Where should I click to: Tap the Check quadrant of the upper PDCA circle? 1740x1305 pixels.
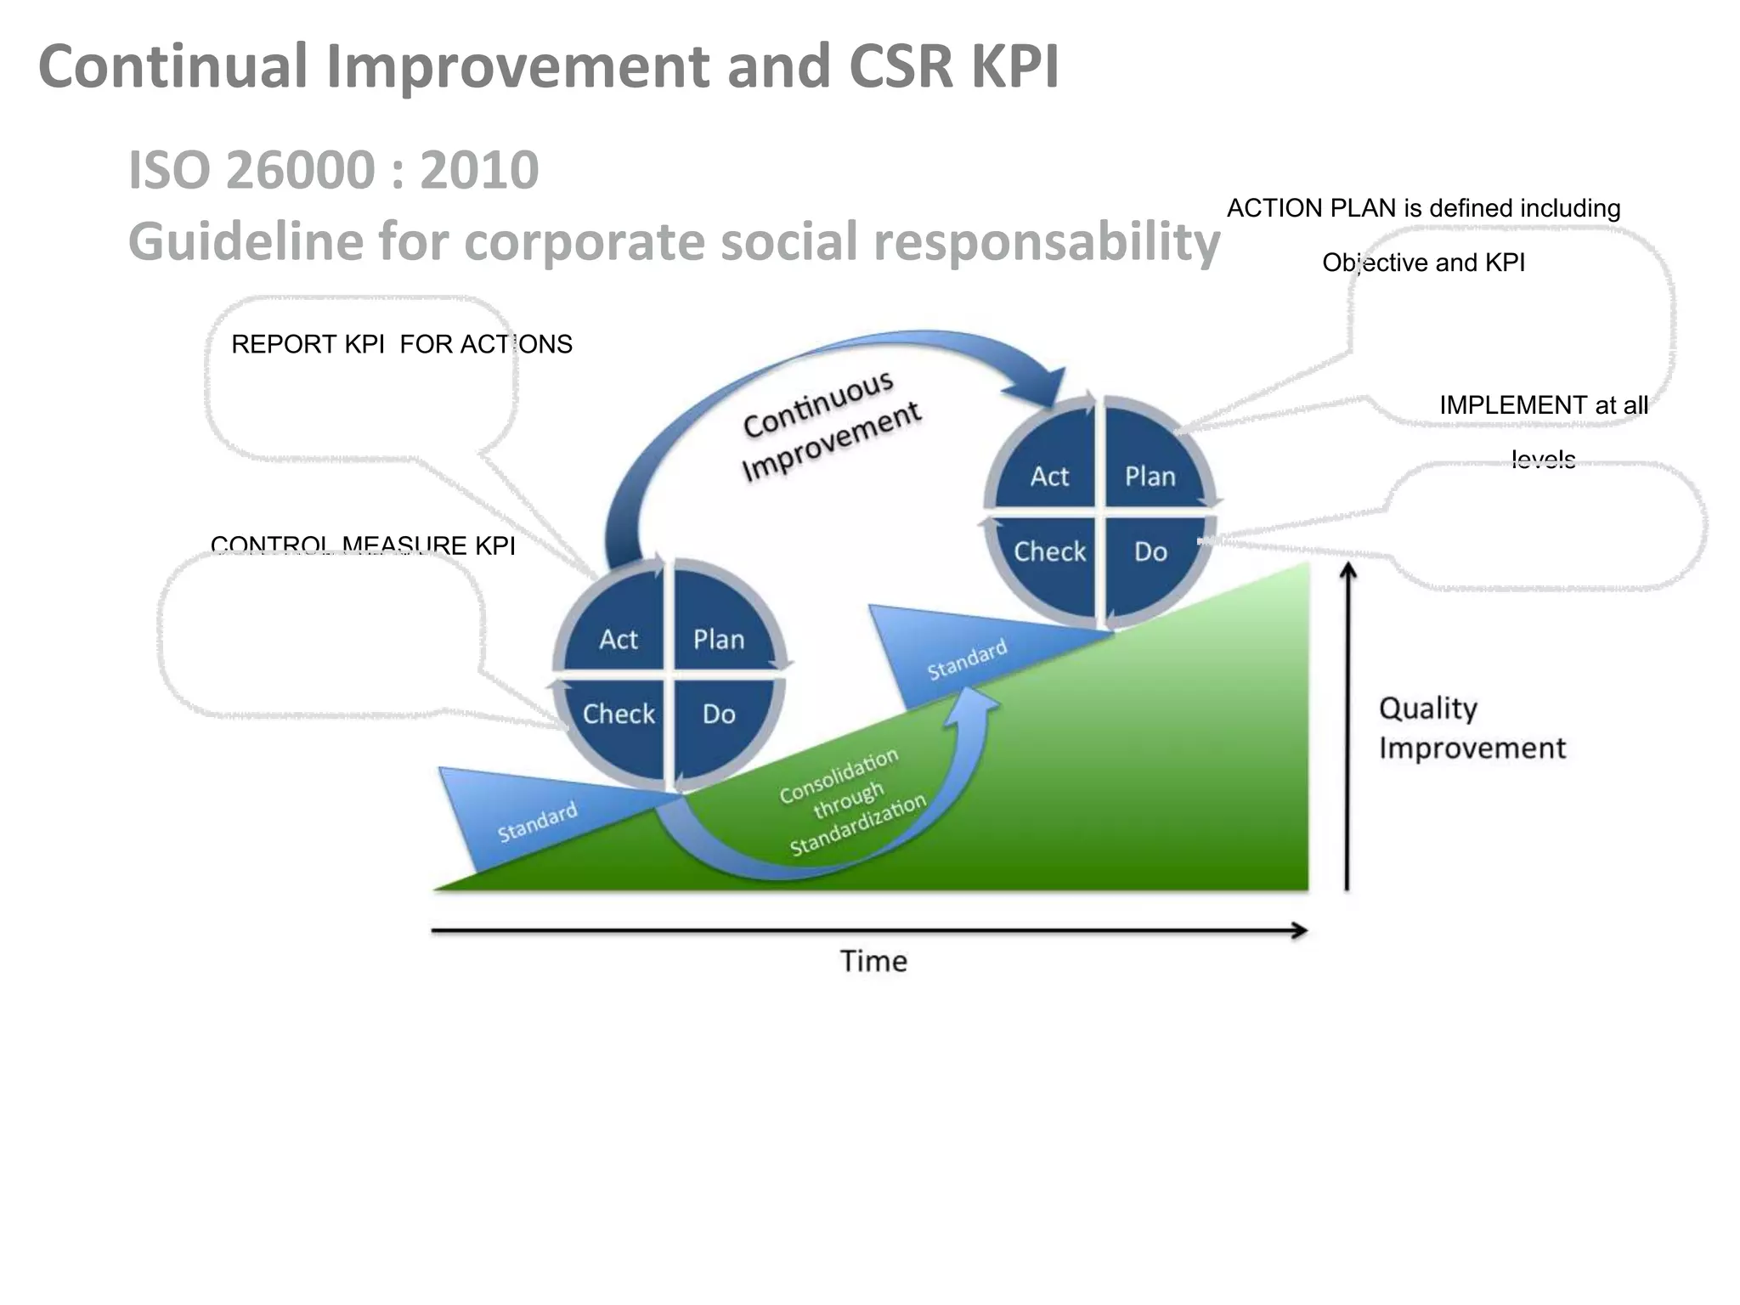(x=1048, y=552)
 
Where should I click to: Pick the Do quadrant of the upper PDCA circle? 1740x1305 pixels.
(x=1150, y=552)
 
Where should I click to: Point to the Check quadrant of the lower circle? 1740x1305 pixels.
(x=618, y=715)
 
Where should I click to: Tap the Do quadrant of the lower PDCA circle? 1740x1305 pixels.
(x=719, y=715)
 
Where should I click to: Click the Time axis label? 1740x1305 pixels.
(x=873, y=961)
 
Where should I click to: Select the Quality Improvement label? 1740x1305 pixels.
(x=1471, y=728)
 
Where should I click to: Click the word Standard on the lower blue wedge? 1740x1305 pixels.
(x=537, y=822)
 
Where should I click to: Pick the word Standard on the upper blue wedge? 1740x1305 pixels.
(x=966, y=659)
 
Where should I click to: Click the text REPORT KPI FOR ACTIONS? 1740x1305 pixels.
(x=401, y=344)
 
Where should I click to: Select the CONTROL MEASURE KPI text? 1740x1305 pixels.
(x=363, y=545)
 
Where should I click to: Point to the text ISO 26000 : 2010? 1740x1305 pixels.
(x=333, y=170)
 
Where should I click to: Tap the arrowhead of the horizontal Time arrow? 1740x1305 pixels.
(x=1300, y=930)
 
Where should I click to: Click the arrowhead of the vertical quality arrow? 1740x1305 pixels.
(x=1347, y=569)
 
